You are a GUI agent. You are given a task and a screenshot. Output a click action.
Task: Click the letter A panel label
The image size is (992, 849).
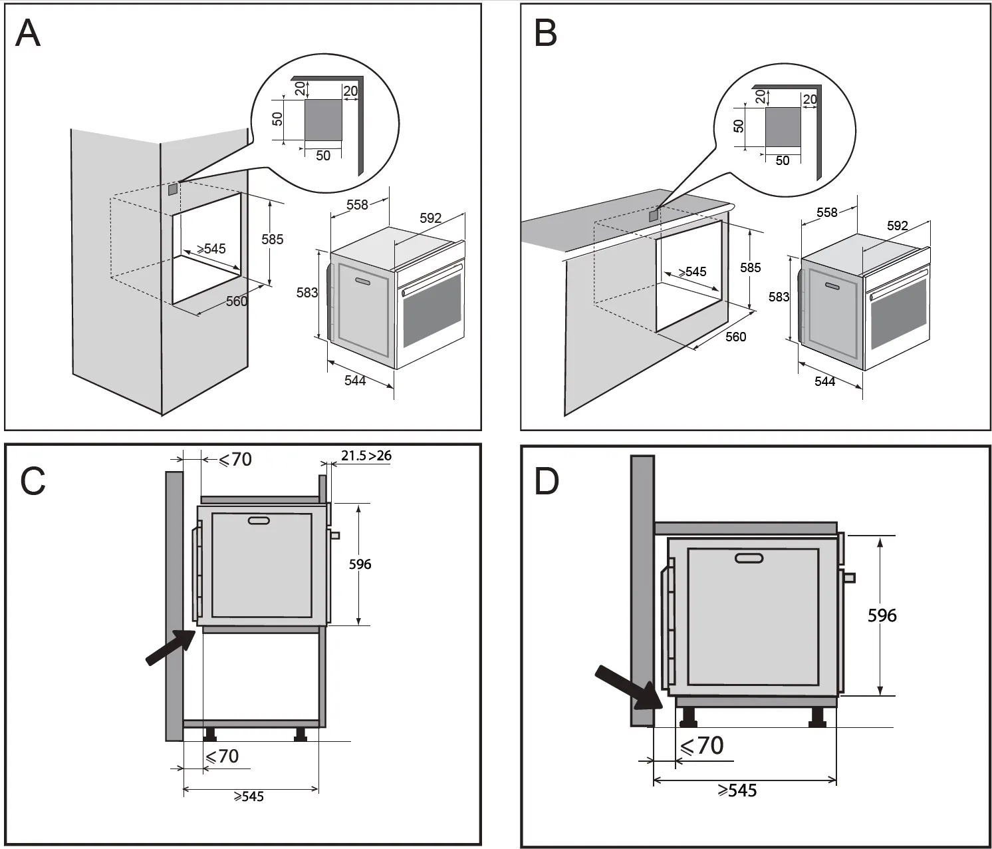tap(28, 33)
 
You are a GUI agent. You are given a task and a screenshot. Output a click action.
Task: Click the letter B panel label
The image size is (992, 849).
tap(545, 33)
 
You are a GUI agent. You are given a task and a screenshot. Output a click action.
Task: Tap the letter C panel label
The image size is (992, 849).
tap(33, 481)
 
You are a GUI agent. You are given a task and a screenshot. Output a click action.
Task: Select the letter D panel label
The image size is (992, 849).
tap(547, 481)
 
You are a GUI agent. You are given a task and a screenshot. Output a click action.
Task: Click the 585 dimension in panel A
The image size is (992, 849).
tap(272, 240)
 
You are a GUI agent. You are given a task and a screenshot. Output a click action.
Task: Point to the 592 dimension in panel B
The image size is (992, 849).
tap(897, 226)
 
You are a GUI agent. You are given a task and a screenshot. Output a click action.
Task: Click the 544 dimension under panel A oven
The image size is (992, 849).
tap(355, 381)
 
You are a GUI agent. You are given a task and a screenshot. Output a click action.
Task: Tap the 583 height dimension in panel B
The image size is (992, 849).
tap(779, 297)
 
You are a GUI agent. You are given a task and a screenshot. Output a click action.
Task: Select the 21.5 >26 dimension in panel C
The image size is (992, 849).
tap(366, 456)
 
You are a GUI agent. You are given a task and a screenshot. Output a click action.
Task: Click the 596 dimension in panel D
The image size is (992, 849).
tap(882, 615)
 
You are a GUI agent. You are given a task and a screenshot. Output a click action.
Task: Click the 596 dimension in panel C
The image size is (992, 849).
tap(360, 564)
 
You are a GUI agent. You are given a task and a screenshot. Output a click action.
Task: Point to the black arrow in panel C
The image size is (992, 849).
tap(170, 647)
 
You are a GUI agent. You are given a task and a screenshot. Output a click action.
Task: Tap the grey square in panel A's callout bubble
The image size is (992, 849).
tap(323, 120)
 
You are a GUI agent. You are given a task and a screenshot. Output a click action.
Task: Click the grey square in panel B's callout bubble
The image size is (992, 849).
tap(783, 127)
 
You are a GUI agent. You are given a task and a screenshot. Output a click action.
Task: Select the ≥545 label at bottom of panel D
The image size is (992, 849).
tap(737, 790)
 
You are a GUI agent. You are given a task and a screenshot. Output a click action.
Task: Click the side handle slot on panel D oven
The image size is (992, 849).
tap(749, 558)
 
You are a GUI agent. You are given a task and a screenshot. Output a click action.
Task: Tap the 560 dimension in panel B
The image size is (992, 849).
tap(735, 337)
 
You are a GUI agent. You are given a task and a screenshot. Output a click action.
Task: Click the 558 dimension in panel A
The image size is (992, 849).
tap(357, 204)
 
